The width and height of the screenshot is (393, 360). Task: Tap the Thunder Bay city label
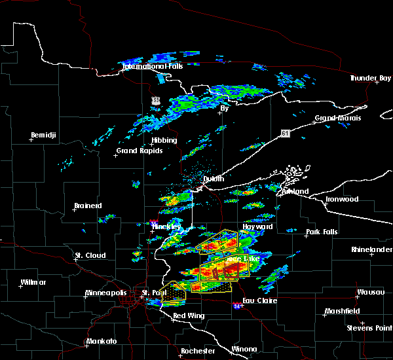(x=370, y=78)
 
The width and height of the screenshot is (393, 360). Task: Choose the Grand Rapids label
(x=140, y=151)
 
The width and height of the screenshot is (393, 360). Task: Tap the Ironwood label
(x=343, y=199)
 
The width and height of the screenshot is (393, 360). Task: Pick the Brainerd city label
(x=88, y=206)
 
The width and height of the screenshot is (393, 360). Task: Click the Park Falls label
(x=321, y=232)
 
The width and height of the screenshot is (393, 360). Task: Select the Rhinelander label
(x=372, y=249)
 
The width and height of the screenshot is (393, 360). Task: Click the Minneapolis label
(x=108, y=293)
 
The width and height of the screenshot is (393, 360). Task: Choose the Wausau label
(x=370, y=292)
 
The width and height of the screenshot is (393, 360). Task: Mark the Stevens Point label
(x=370, y=327)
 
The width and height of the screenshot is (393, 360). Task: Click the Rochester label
(x=197, y=351)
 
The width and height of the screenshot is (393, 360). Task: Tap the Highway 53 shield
(x=155, y=100)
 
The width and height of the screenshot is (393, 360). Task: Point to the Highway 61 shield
(x=284, y=134)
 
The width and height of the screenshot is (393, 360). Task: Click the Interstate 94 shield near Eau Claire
(x=236, y=305)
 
